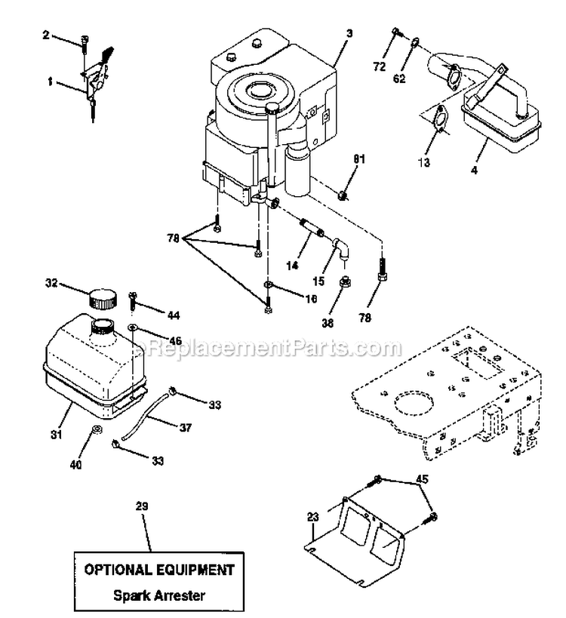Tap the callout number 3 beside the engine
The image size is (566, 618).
pos(349,33)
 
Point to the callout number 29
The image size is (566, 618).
pos(142,506)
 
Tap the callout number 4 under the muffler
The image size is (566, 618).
pos(475,170)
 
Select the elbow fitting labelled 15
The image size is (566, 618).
pos(340,248)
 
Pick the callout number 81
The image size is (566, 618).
pos(358,158)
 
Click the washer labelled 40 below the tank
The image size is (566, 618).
pos(97,429)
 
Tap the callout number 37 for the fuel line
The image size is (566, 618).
pos(186,427)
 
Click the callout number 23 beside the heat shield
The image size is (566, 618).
pos(312,517)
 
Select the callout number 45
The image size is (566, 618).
pos(422,479)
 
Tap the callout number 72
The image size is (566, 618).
pos(379,66)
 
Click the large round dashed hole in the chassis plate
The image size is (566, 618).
pos(414,405)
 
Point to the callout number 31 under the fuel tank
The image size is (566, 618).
pos(57,435)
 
